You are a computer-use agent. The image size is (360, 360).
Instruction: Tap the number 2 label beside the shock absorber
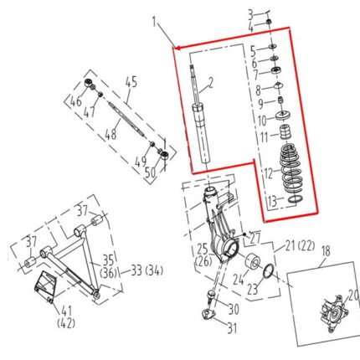211,83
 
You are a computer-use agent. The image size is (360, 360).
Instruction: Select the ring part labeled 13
296,199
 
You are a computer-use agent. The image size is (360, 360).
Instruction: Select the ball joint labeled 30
211,296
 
